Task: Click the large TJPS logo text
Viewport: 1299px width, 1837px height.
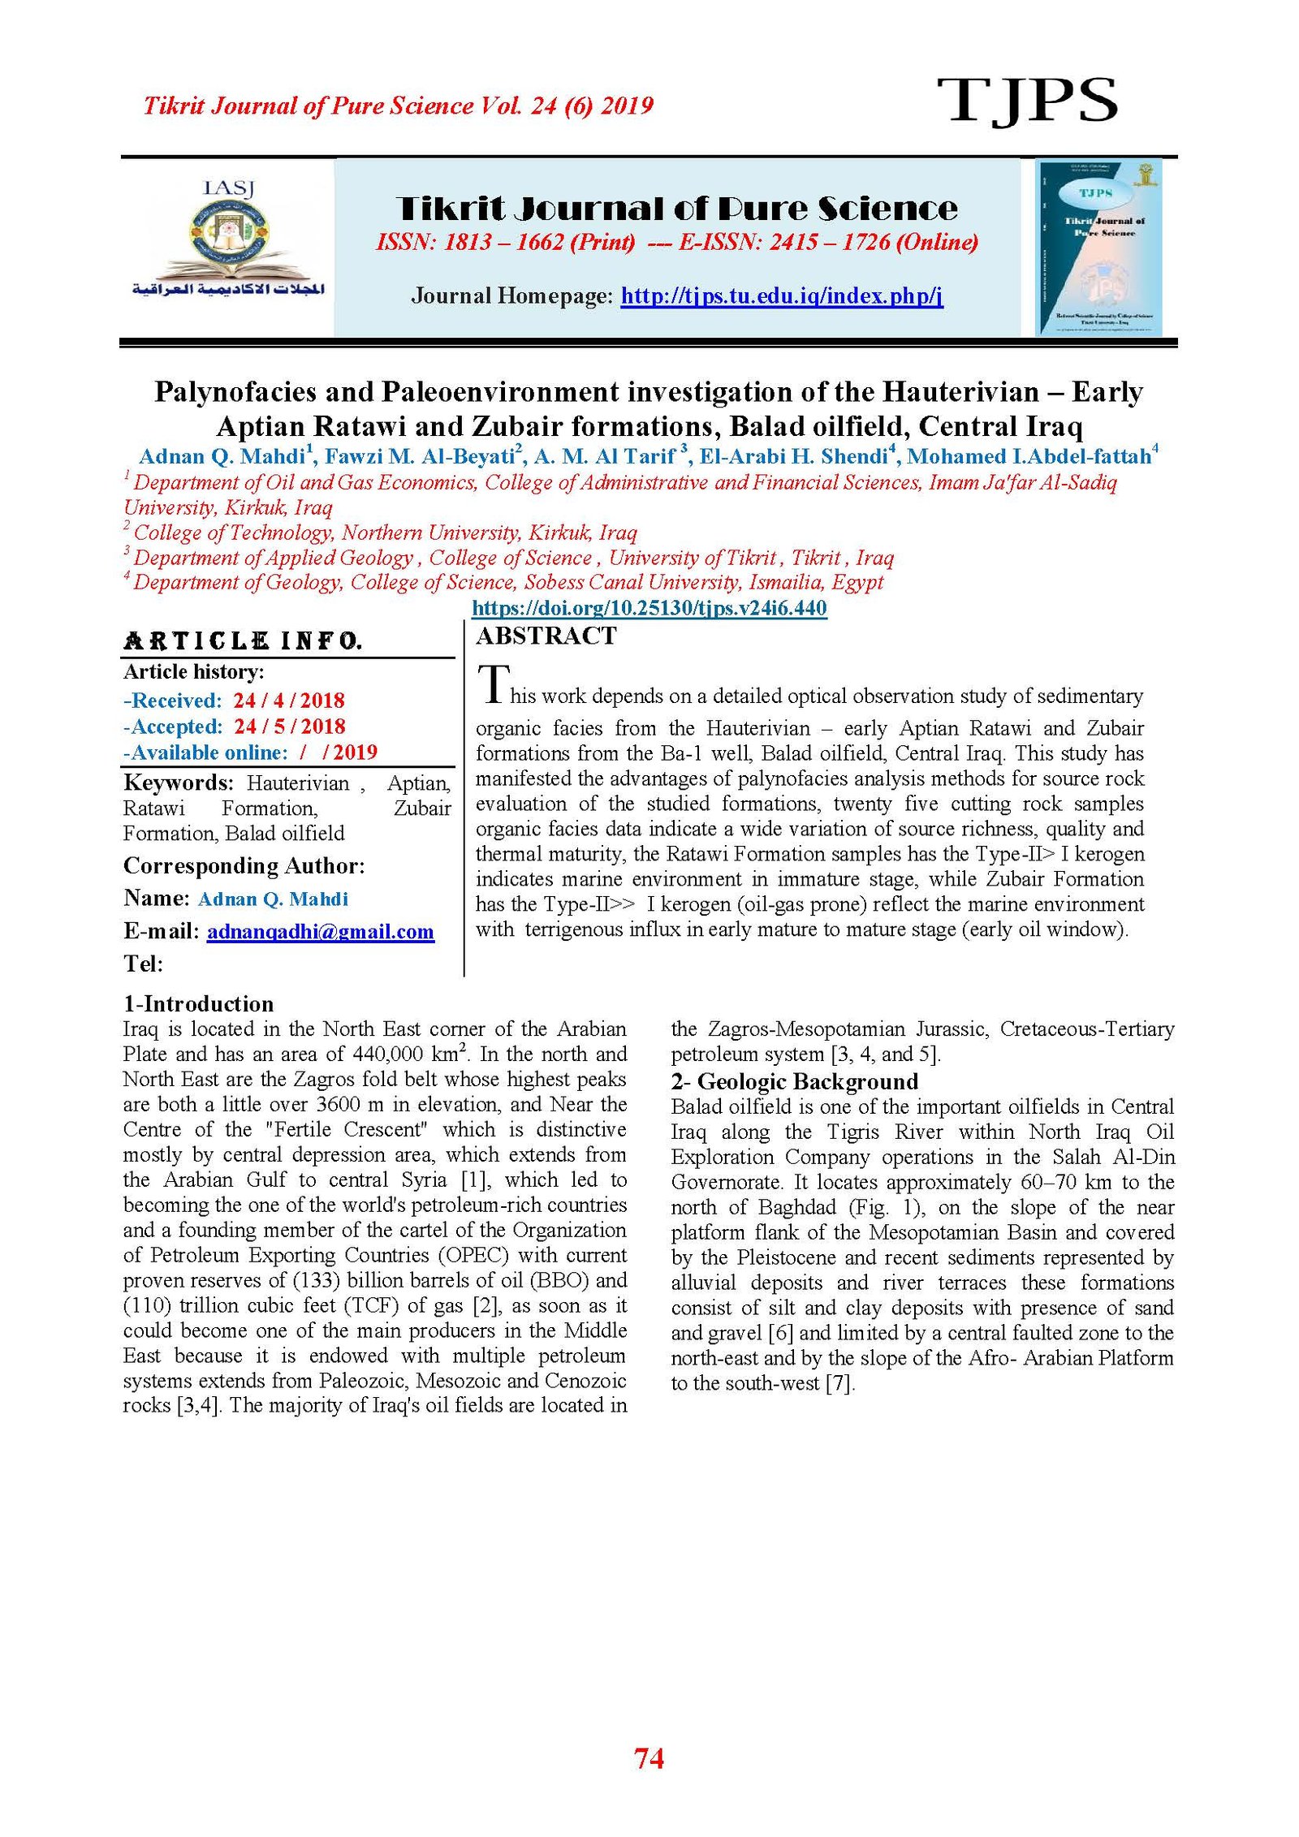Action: point(1027,101)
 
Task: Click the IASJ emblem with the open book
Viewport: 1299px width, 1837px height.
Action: point(228,238)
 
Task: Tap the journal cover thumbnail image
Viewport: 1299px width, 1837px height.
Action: point(1098,248)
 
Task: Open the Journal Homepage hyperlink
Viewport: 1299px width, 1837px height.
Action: point(781,295)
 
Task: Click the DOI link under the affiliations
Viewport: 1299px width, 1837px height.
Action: point(649,608)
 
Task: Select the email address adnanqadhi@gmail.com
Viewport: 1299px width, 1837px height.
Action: point(320,931)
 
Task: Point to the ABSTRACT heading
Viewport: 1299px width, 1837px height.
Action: point(546,636)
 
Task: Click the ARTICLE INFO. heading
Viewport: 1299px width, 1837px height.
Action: point(242,641)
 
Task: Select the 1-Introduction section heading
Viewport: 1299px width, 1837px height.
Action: point(198,1003)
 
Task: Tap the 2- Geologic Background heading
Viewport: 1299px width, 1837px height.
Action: point(794,1081)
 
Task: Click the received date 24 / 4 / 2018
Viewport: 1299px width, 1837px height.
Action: point(289,701)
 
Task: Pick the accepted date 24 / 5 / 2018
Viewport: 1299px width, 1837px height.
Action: point(289,727)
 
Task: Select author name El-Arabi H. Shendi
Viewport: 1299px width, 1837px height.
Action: point(793,457)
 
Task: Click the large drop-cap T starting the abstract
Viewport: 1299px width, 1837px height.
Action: point(493,683)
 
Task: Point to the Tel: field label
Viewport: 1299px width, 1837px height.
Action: point(143,964)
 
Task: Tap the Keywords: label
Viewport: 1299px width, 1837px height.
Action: point(178,783)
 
